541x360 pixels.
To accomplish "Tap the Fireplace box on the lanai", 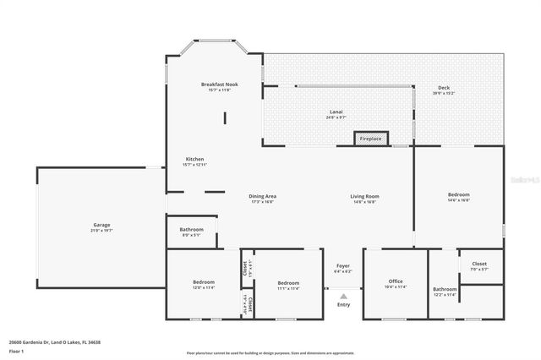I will click(370, 139).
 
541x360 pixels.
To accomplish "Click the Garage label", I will click(101, 226).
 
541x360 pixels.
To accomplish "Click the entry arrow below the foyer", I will click(343, 296).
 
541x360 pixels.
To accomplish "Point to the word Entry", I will click(343, 305).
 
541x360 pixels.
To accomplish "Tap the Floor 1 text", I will click(16, 351).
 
